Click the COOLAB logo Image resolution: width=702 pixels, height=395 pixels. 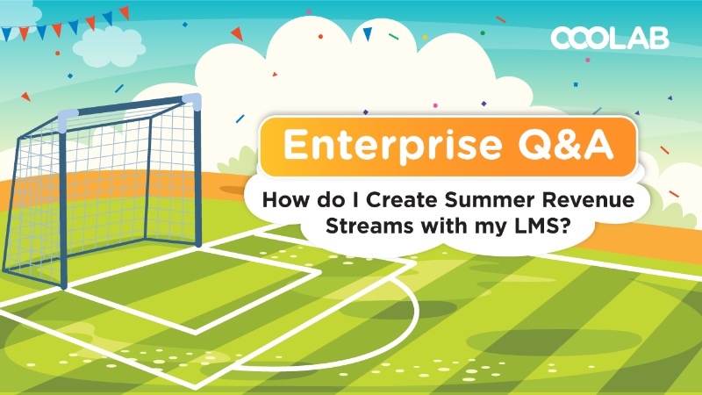coord(610,38)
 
